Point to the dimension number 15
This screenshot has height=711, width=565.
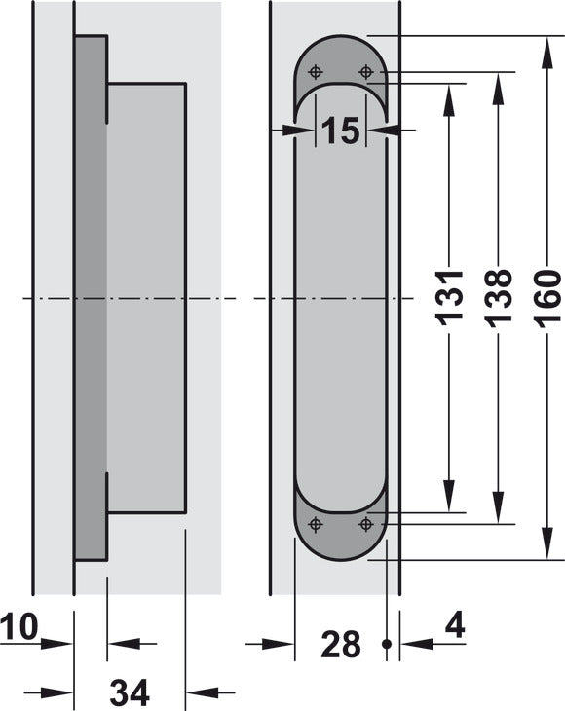341,131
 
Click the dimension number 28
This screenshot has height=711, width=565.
341,644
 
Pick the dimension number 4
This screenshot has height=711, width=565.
455,626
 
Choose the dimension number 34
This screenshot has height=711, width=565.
130,692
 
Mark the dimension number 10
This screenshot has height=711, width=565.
19,626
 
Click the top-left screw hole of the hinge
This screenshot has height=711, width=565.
316,72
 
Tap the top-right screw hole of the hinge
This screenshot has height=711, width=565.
365,72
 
